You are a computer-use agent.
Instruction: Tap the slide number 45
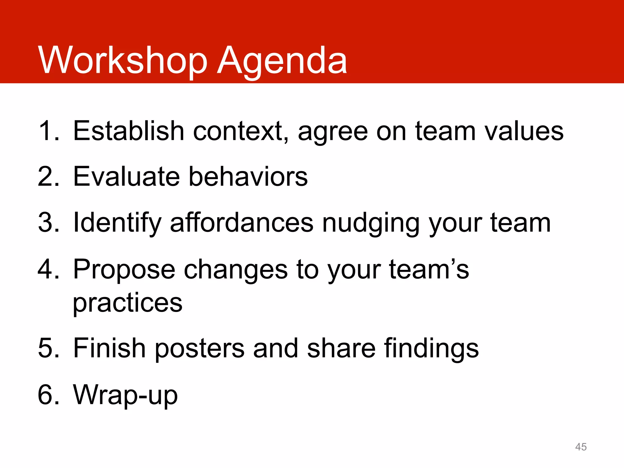tap(581, 447)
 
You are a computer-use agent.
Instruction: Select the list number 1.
tap(48, 131)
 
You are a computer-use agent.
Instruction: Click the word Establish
tap(129, 131)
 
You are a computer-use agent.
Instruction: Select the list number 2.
tap(48, 177)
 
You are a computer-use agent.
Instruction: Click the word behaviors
tap(248, 177)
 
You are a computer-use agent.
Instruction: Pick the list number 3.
tap(48, 223)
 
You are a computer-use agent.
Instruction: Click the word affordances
tap(241, 223)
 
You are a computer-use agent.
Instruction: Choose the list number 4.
tap(48, 269)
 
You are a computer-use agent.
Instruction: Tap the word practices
tap(127, 303)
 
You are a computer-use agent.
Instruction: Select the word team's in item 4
tap(429, 269)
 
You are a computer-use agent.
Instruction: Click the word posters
tap(199, 349)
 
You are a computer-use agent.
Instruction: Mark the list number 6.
tap(48, 395)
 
